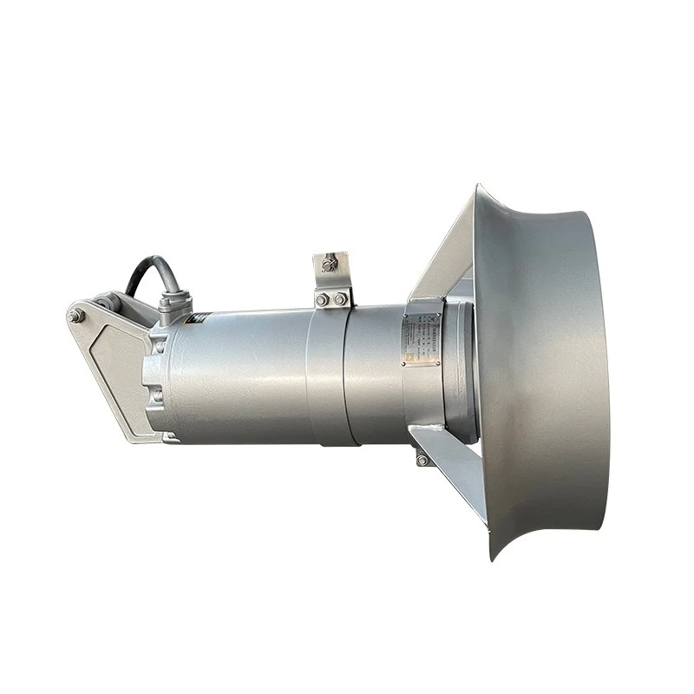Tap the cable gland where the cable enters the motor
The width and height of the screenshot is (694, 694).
click(x=170, y=303)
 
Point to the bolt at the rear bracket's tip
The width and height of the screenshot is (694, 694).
click(x=75, y=317)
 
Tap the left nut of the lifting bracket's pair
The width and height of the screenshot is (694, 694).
click(x=323, y=299)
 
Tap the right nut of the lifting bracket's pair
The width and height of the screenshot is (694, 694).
click(x=340, y=299)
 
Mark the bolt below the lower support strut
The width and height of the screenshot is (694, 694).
click(x=422, y=460)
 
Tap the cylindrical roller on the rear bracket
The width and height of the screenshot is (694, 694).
click(x=104, y=304)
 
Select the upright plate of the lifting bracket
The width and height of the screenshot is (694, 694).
click(x=332, y=273)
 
